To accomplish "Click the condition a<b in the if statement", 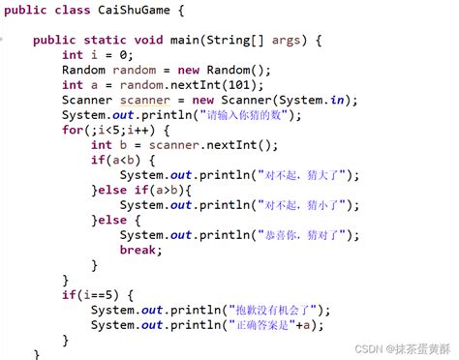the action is pos(126,161).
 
